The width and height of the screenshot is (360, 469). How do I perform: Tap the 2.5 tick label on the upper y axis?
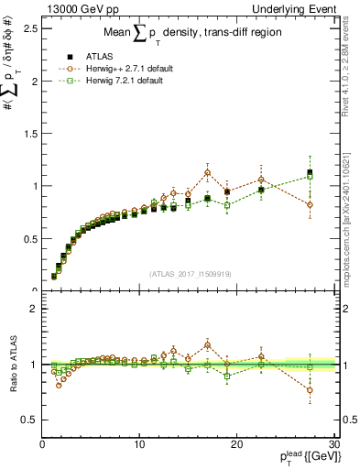pos(30,28)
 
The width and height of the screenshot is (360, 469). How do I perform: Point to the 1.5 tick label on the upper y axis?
pos(30,134)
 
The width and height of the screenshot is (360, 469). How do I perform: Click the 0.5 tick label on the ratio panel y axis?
pos(30,420)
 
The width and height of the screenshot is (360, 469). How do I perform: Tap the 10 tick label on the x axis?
pos(139,444)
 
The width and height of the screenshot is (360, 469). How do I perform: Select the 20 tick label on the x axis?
pos(237,444)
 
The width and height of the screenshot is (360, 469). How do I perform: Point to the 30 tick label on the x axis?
pos(333,444)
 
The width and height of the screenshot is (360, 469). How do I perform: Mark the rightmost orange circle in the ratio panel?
pos(310,389)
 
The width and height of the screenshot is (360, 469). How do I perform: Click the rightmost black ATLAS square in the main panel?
pos(310,172)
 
